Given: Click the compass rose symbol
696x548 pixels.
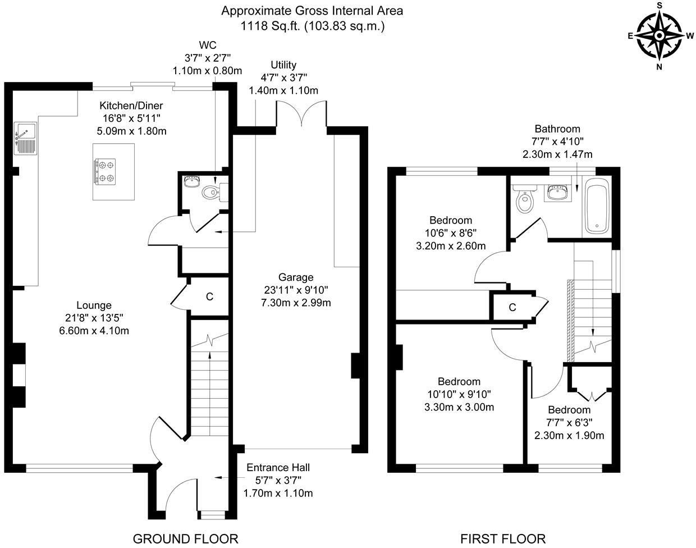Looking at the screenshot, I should tap(660, 35).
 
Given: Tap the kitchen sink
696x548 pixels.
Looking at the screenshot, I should tap(25, 138).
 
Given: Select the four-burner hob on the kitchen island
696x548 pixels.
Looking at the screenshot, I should tap(106, 171).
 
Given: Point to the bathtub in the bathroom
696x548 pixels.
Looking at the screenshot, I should tap(597, 206).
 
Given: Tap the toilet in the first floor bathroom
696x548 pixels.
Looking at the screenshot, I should tap(525, 200).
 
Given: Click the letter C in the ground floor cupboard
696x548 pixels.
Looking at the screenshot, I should tap(209, 296).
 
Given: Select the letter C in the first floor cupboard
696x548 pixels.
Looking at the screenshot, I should tap(512, 307).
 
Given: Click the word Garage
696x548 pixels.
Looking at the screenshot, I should tap(296, 277).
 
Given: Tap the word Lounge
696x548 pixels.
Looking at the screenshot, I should tap(94, 305).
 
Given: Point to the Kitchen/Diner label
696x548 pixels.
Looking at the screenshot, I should tap(131, 106).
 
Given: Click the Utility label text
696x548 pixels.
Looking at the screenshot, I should tap(283, 65).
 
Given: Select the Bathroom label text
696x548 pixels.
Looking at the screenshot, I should tap(557, 129).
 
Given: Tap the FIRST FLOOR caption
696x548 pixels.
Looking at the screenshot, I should tap(503, 539).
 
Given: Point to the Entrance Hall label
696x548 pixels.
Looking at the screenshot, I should tap(278, 468).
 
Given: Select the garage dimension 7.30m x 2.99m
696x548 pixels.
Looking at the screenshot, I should tap(296, 303).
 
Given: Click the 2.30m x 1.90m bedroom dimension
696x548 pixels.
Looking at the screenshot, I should tap(569, 435).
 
